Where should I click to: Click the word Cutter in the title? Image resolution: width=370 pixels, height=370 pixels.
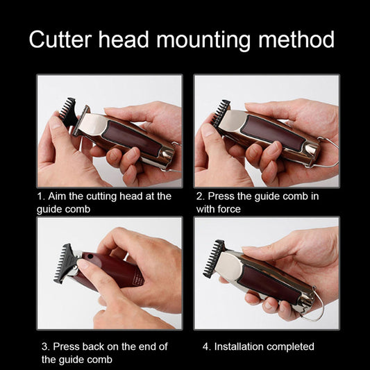pos(60,40)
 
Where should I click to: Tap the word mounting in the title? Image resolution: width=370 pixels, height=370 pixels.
pos(203,40)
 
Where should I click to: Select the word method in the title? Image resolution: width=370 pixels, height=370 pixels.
pos(296,40)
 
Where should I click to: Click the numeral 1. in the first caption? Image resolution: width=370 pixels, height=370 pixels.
pos(41,196)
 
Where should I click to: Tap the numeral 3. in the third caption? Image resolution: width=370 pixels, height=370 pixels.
pos(46,346)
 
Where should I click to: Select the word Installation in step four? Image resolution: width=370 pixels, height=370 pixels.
pos(239,346)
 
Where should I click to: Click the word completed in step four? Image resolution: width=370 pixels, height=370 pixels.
pos(290,347)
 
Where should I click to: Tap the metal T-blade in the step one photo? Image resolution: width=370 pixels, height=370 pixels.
pos(81,121)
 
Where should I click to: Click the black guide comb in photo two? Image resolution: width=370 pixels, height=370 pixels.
pos(220,112)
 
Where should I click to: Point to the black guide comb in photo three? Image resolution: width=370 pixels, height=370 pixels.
pos(65,263)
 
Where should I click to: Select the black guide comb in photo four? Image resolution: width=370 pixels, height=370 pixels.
pos(214,258)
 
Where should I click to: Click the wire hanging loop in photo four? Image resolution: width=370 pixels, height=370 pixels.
pos(316,305)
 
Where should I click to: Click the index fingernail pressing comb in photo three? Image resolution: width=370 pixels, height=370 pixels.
pos(82,264)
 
